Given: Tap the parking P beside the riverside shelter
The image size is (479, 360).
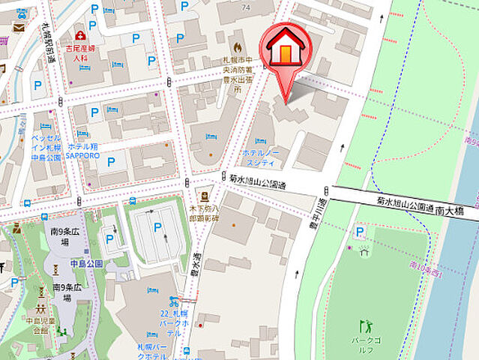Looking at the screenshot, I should [361, 232].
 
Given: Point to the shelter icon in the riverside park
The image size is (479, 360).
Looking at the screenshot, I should [364, 250].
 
